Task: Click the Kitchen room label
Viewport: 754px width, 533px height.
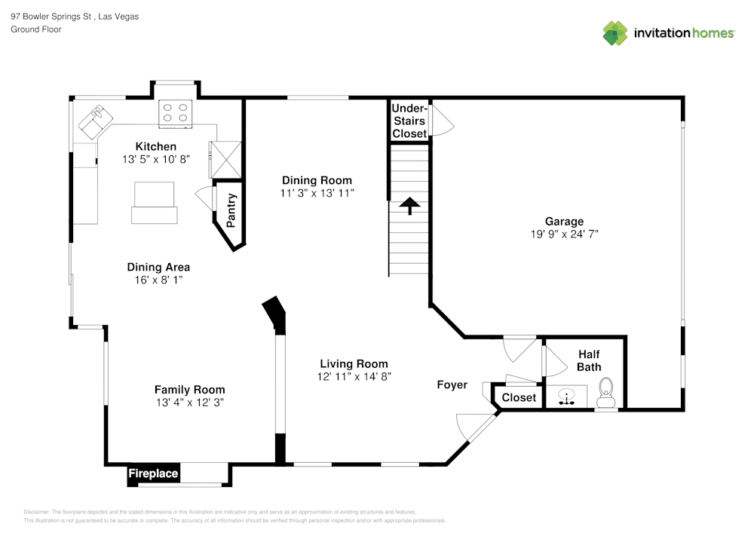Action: pyautogui.click(x=156, y=146)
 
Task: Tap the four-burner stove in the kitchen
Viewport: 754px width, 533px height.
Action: pyautogui.click(x=176, y=114)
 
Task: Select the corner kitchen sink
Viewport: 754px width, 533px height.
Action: pyautogui.click(x=96, y=122)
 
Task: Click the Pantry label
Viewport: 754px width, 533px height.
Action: pyautogui.click(x=231, y=210)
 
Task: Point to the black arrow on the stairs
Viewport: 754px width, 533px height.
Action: pyautogui.click(x=409, y=206)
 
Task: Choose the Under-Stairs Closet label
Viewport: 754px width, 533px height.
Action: pyautogui.click(x=409, y=121)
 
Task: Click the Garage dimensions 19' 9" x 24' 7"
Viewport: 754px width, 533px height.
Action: pyautogui.click(x=565, y=234)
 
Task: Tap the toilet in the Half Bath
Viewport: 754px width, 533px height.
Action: pyautogui.click(x=606, y=393)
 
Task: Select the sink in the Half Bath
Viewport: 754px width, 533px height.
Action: pyautogui.click(x=567, y=397)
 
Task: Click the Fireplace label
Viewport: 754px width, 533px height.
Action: pyautogui.click(x=153, y=473)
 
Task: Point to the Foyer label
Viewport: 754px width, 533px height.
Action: pyautogui.click(x=452, y=385)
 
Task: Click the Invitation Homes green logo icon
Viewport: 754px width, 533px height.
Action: pyautogui.click(x=615, y=33)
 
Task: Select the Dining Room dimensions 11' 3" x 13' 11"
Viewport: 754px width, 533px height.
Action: pyautogui.click(x=317, y=193)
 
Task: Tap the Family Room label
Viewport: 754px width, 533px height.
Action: pyautogui.click(x=189, y=390)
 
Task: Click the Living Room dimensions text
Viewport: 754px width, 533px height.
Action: pyautogui.click(x=354, y=377)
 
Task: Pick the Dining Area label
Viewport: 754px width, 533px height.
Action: pyautogui.click(x=158, y=267)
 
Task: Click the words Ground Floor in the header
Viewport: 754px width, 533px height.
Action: pyautogui.click(x=36, y=29)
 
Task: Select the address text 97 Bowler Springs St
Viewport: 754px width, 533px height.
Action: pyautogui.click(x=51, y=17)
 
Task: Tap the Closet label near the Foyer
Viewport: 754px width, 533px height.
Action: pyautogui.click(x=519, y=397)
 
